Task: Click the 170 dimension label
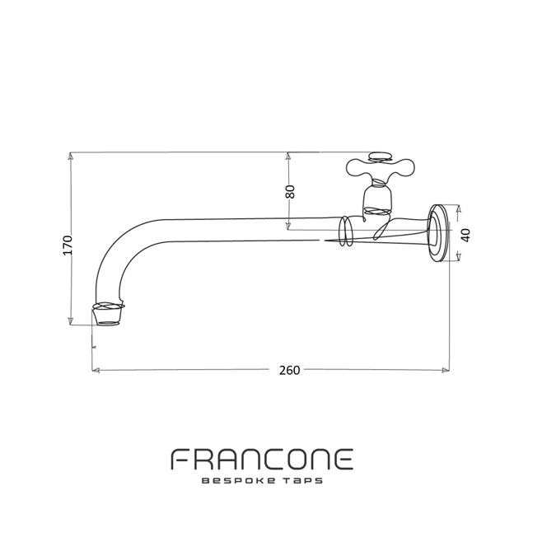point(68,245)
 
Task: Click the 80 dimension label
point(291,191)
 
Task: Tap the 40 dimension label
point(465,235)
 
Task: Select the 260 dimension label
point(289,370)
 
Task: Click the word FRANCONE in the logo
point(262,460)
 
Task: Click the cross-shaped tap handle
point(380,170)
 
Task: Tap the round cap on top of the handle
point(381,157)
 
